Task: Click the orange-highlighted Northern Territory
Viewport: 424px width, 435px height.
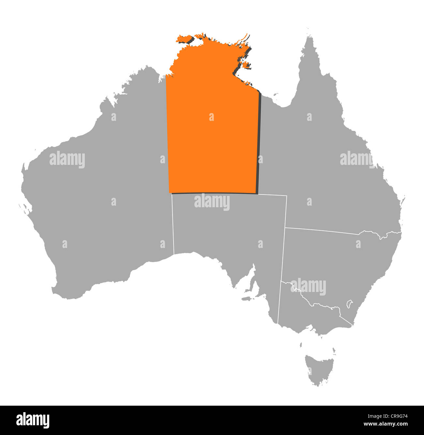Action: pyautogui.click(x=212, y=137)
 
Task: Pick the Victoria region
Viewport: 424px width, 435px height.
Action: pyautogui.click(x=310, y=313)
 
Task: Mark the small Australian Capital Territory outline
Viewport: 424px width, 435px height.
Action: pyautogui.click(x=349, y=304)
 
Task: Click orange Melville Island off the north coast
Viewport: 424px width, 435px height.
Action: pyautogui.click(x=185, y=40)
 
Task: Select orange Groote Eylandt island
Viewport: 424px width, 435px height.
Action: pyautogui.click(x=247, y=65)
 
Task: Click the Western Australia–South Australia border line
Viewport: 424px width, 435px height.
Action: pyautogui.click(x=173, y=225)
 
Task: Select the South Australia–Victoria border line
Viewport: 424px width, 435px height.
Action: pyautogui.click(x=280, y=303)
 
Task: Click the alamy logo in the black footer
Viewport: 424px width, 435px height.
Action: pyautogui.click(x=33, y=420)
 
